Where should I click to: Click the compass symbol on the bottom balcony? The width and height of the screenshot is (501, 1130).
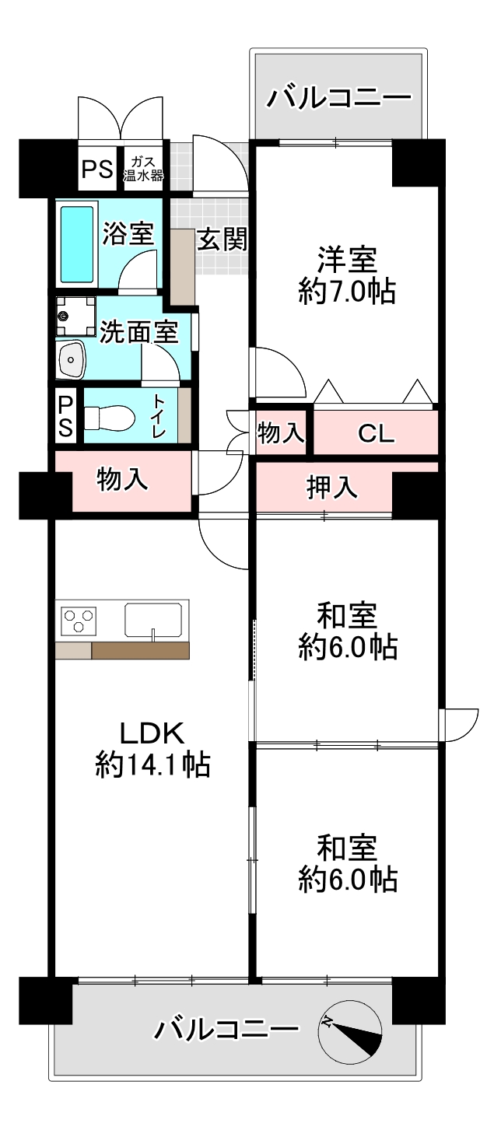pyautogui.click(x=350, y=1031)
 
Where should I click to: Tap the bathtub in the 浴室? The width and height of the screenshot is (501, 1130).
pyautogui.click(x=77, y=243)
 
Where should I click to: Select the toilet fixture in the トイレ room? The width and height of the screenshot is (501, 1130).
pyautogui.click(x=108, y=417)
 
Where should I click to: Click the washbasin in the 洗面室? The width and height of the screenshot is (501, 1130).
pyautogui.click(x=72, y=358)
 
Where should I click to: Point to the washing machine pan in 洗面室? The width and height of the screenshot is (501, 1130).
pyautogui.click(x=74, y=316)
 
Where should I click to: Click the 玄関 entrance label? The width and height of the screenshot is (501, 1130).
pyautogui.click(x=221, y=240)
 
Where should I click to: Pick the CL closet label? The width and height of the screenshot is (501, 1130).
pyautogui.click(x=377, y=433)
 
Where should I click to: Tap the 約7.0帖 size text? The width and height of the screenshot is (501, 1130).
pyautogui.click(x=347, y=292)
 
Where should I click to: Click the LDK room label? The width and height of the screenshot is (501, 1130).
pyautogui.click(x=151, y=733)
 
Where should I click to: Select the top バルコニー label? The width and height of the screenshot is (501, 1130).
pyautogui.click(x=338, y=98)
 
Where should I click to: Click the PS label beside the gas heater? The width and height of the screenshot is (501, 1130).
pyautogui.click(x=97, y=168)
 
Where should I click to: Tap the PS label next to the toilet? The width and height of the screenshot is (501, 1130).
pyautogui.click(x=66, y=417)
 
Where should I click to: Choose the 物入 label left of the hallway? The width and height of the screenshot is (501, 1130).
pyautogui.click(x=122, y=479)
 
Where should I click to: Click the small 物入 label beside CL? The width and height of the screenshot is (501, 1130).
pyautogui.click(x=281, y=434)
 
